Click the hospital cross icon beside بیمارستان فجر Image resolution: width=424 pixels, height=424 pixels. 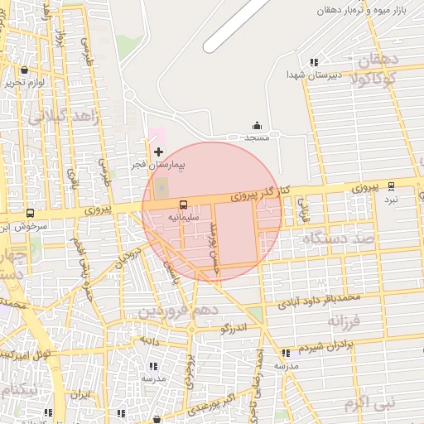pyautogui.click(x=158, y=152)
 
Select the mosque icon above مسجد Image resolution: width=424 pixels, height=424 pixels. pyautogui.click(x=257, y=125)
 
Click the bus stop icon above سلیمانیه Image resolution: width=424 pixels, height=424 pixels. pyautogui.click(x=183, y=204)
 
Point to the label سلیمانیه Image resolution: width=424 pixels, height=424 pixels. pyautogui.click(x=184, y=216)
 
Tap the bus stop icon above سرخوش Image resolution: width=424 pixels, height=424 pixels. pyautogui.click(x=31, y=213)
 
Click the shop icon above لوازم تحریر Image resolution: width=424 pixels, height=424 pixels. pyautogui.click(x=24, y=70)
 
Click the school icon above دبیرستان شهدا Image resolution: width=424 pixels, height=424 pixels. pyautogui.click(x=313, y=61)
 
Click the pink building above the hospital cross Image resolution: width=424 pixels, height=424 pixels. pyautogui.click(x=157, y=135)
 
